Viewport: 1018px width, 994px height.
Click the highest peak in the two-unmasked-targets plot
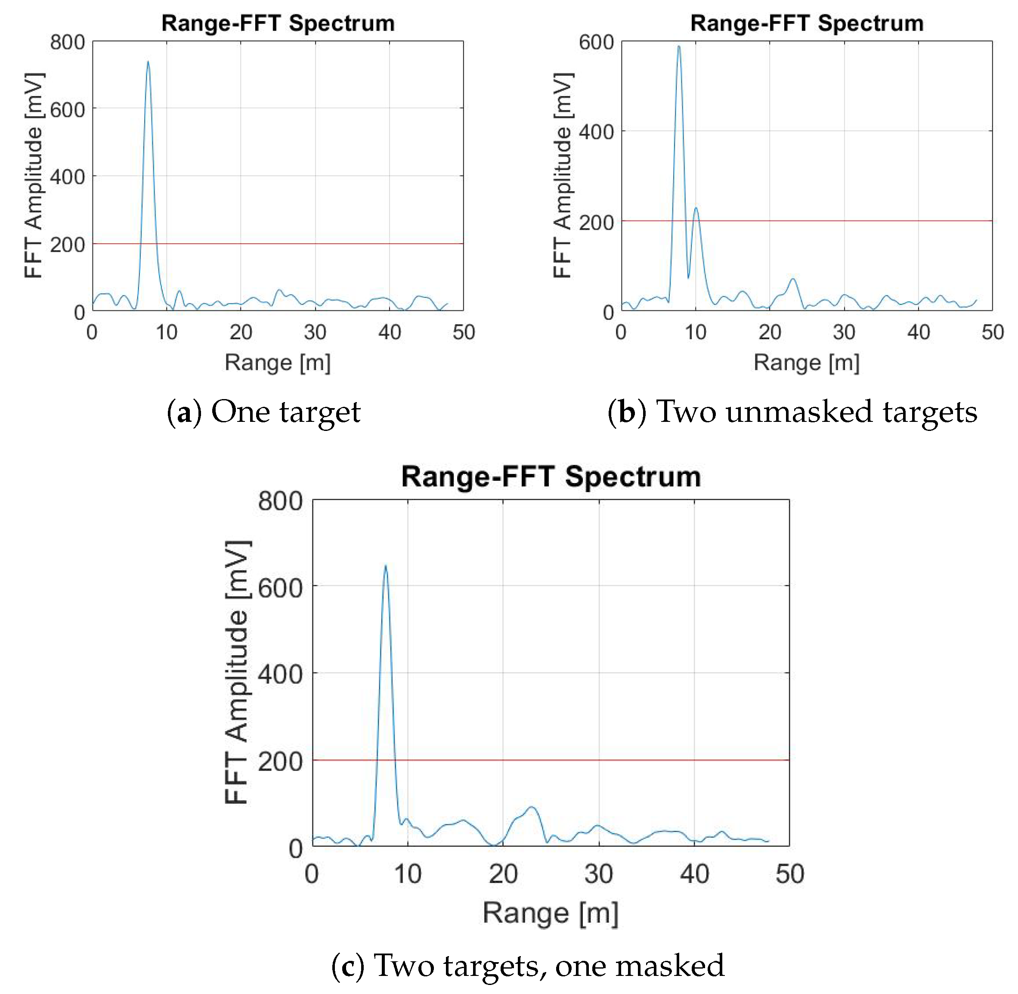coord(679,47)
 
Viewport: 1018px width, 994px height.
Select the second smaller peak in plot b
coord(695,209)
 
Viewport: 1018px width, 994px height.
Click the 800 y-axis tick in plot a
coord(67,42)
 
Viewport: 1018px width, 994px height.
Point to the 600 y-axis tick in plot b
coord(596,42)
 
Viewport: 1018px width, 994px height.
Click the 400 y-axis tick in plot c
coord(280,675)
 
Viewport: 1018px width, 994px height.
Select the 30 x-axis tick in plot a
coord(315,332)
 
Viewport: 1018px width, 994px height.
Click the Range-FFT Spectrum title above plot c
coord(551,477)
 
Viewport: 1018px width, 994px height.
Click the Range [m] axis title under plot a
coord(278,363)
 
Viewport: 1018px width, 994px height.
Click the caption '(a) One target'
coord(263,412)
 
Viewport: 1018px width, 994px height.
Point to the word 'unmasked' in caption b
coord(799,412)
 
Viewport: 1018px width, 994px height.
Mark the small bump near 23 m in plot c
coord(532,808)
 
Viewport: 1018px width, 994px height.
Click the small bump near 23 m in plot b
coord(793,279)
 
